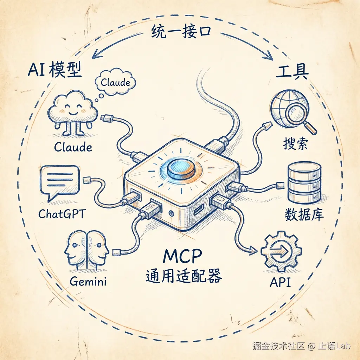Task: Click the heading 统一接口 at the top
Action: pos(181,33)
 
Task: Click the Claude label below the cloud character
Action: pos(73,147)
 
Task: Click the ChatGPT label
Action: pos(62,214)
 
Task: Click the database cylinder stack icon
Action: pos(304,182)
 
